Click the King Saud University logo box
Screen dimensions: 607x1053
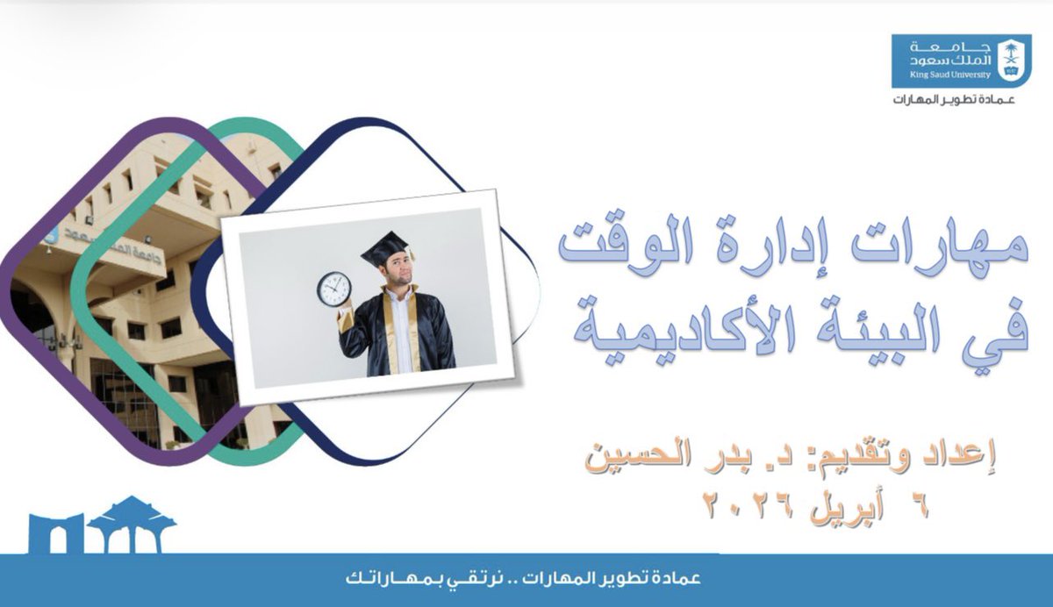click(961, 61)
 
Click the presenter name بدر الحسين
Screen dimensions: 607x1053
click(649, 458)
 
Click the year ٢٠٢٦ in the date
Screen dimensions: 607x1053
click(747, 505)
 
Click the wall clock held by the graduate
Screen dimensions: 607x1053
click(333, 288)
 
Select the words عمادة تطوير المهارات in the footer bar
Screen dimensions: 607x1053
click(614, 581)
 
